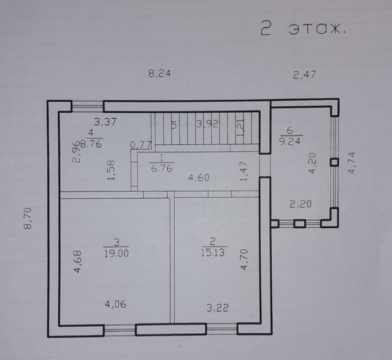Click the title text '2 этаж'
303,29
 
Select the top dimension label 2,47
304,75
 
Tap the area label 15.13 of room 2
213,253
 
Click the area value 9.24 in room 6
290,140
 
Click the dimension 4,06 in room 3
115,304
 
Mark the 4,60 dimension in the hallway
199,178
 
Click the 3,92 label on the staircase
207,124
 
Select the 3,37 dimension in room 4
105,122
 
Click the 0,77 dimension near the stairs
140,145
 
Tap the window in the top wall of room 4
87,106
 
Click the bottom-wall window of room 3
119,329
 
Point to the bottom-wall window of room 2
221,328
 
